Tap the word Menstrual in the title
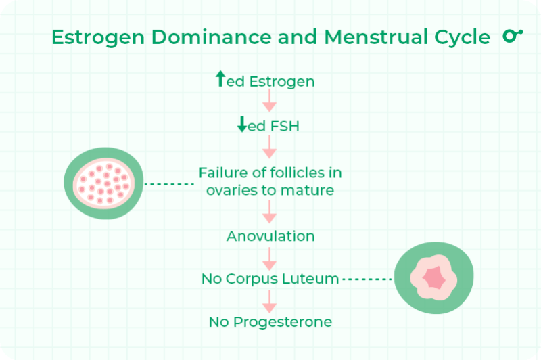coord(358,38)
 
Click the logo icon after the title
coord(513,36)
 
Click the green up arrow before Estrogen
coord(220,80)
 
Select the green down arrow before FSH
coord(242,125)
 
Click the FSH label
coord(283,127)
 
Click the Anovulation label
coord(270,236)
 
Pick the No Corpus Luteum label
coord(270,278)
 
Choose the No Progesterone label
coord(270,322)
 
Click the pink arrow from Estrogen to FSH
coord(270,102)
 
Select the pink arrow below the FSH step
coord(270,147)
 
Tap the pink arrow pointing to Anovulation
coord(270,212)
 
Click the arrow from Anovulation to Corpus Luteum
coord(270,257)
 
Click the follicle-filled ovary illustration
coord(104,183)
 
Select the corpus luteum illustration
coord(433,278)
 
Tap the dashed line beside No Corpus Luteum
coord(367,279)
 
